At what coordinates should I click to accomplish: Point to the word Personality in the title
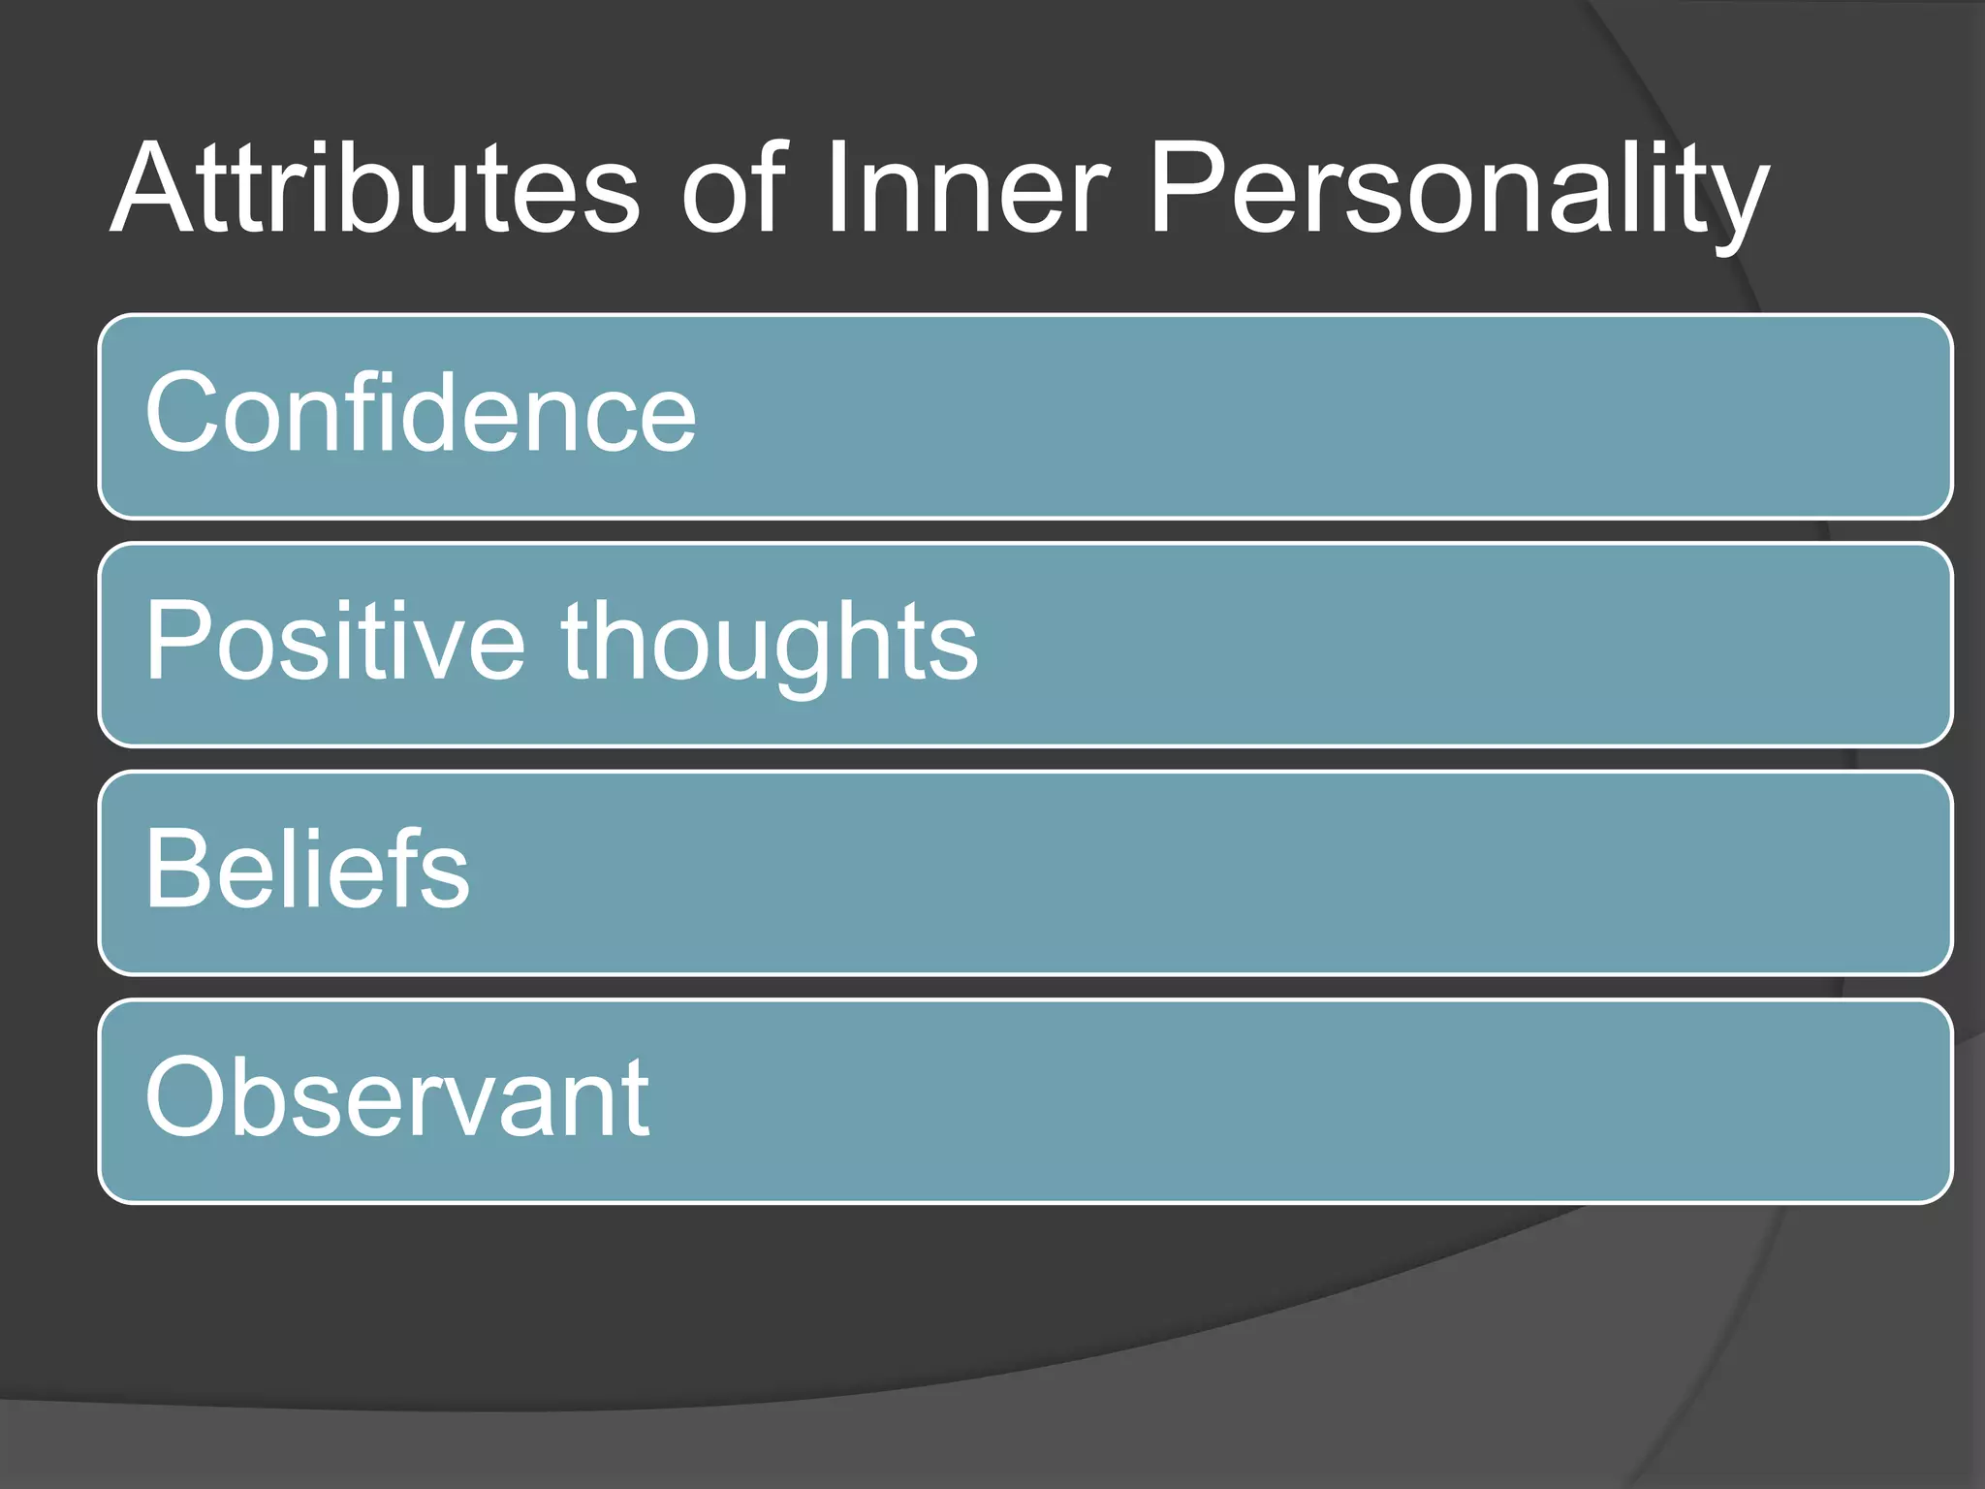[x=1459, y=194]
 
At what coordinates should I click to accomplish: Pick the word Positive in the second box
[x=334, y=641]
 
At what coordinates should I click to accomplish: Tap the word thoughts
[x=770, y=645]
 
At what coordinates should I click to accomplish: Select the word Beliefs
[x=307, y=870]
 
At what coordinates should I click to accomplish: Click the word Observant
[x=397, y=1098]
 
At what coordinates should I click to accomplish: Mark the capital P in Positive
[x=179, y=641]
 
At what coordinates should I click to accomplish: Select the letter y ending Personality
[x=1738, y=204]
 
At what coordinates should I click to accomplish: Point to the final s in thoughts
[x=955, y=649]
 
